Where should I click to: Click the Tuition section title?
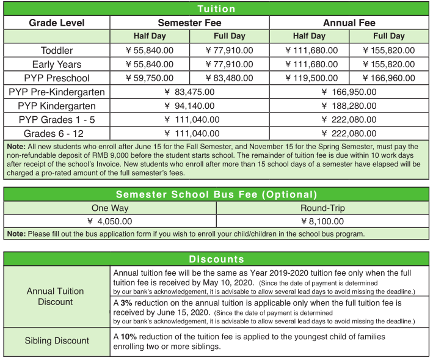pyautogui.click(x=216, y=9)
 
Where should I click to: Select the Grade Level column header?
pyautogui.click(x=57, y=23)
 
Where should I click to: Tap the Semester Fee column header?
pyautogui.click(x=189, y=23)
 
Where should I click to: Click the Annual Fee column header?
pyautogui.click(x=349, y=23)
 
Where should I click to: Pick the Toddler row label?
pyautogui.click(x=57, y=50)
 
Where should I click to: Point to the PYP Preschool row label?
pyautogui.click(x=57, y=78)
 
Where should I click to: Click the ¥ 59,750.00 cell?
pyautogui.click(x=150, y=78)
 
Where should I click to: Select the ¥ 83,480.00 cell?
pyautogui.click(x=230, y=78)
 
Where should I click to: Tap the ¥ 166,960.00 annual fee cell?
pyautogui.click(x=389, y=78)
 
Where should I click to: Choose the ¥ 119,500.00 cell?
pyautogui.click(x=309, y=78)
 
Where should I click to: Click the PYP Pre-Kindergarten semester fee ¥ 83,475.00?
pyautogui.click(x=189, y=92)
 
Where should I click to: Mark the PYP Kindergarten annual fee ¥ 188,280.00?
pyautogui.click(x=349, y=106)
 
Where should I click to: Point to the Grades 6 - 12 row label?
pyautogui.click(x=57, y=133)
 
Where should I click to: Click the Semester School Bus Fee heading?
pyautogui.click(x=216, y=194)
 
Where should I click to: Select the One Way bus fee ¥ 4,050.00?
pyautogui.click(x=110, y=221)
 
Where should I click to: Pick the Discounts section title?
pyautogui.click(x=216, y=259)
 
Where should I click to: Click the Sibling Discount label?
pyautogui.click(x=56, y=340)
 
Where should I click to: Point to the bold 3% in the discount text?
pyautogui.click(x=127, y=303)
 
